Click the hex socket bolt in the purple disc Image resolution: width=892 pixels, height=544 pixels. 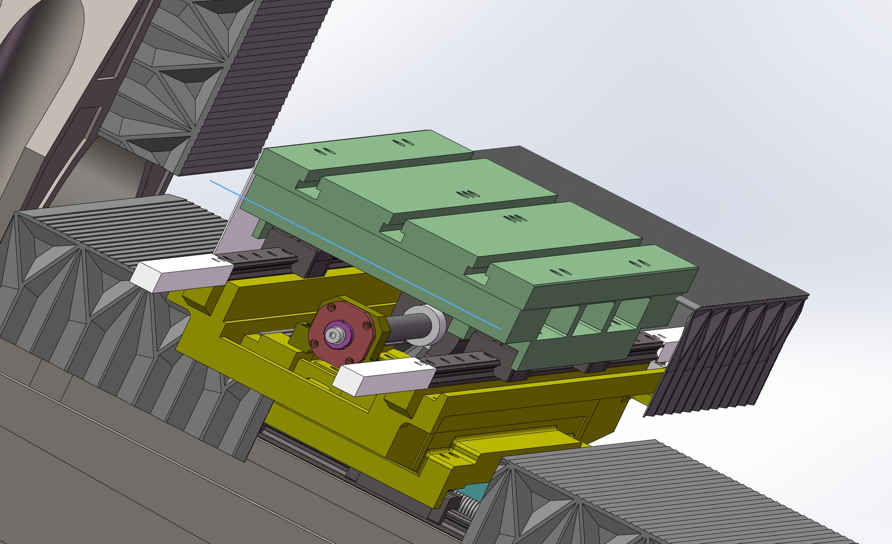pyautogui.click(x=333, y=334)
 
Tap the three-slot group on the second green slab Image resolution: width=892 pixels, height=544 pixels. pyautogui.click(x=468, y=194)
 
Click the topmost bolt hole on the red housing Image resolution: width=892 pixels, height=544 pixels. pyautogui.click(x=331, y=305)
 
